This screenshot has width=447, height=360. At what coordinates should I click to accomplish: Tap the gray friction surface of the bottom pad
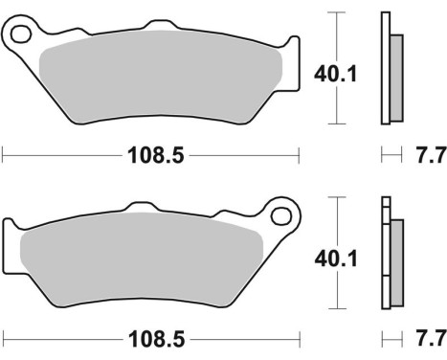pos(144,259)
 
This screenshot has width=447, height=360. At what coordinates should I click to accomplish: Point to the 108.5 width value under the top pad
pos(152,152)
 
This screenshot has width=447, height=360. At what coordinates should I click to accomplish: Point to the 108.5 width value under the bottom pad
pos(152,340)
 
